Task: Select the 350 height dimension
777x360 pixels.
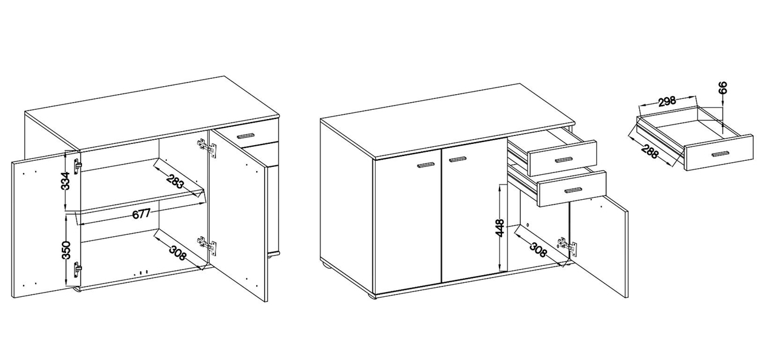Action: [x=66, y=250]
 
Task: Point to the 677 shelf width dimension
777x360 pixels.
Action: [x=141, y=214]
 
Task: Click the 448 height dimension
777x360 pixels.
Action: [x=500, y=228]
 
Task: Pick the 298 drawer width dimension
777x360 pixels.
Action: [x=667, y=101]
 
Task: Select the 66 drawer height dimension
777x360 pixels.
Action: [x=723, y=88]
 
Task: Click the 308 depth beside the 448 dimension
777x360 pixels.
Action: [x=538, y=249]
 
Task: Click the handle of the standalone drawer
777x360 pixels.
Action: [x=720, y=154]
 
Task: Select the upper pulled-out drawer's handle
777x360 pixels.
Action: [x=563, y=160]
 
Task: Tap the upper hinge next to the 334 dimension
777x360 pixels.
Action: [x=78, y=166]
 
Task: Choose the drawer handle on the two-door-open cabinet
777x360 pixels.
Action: [x=246, y=135]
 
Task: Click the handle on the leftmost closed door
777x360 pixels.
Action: [x=426, y=166]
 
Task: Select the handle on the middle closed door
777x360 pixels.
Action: [x=457, y=160]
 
